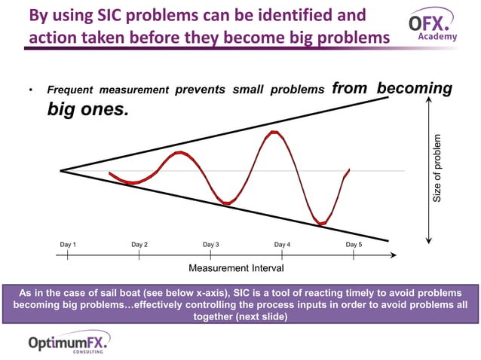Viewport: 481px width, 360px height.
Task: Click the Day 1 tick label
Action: point(68,245)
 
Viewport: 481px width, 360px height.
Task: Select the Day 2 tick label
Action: point(139,245)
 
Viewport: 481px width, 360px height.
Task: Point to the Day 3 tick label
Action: point(211,245)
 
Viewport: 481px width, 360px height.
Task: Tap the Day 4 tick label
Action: point(282,245)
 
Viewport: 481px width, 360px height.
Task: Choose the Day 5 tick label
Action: point(354,245)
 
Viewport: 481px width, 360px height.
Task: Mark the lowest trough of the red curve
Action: point(322,224)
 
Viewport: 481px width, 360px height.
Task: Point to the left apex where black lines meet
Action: point(61,171)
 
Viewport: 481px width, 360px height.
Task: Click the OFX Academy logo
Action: point(433,25)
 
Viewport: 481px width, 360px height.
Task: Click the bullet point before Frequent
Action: point(30,92)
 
